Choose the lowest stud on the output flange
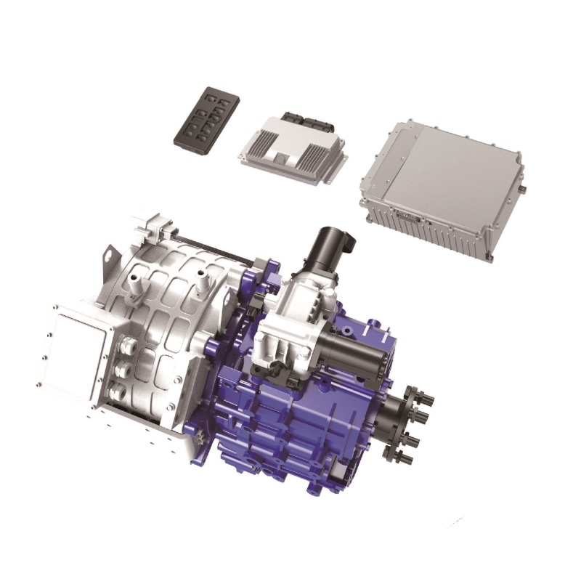pyautogui.click(x=406, y=459)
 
